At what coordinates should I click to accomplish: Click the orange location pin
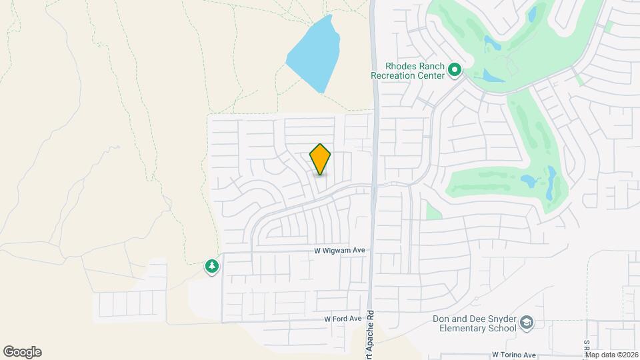point(320,159)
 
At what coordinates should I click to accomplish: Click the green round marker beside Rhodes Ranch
point(455,69)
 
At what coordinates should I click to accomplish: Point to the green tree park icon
point(212,267)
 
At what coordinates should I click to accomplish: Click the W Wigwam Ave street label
point(340,251)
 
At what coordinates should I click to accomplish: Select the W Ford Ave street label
point(343,319)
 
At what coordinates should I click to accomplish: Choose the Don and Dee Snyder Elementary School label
point(474,323)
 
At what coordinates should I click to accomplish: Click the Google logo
point(22,352)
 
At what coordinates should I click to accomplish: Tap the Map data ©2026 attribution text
point(612,355)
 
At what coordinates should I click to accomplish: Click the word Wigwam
point(342,251)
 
